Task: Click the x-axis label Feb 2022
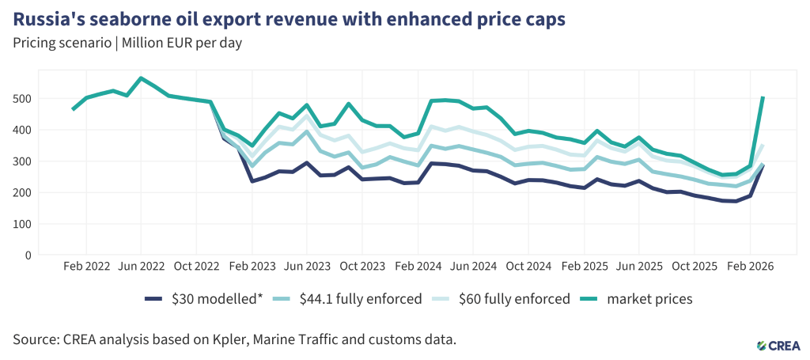86,267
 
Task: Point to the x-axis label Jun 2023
307,267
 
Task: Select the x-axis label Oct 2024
528,267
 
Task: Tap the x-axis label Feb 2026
749,267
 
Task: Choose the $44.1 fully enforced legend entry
354,299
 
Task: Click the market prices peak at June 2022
141,78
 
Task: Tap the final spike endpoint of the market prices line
763,98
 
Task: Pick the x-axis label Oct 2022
196,267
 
